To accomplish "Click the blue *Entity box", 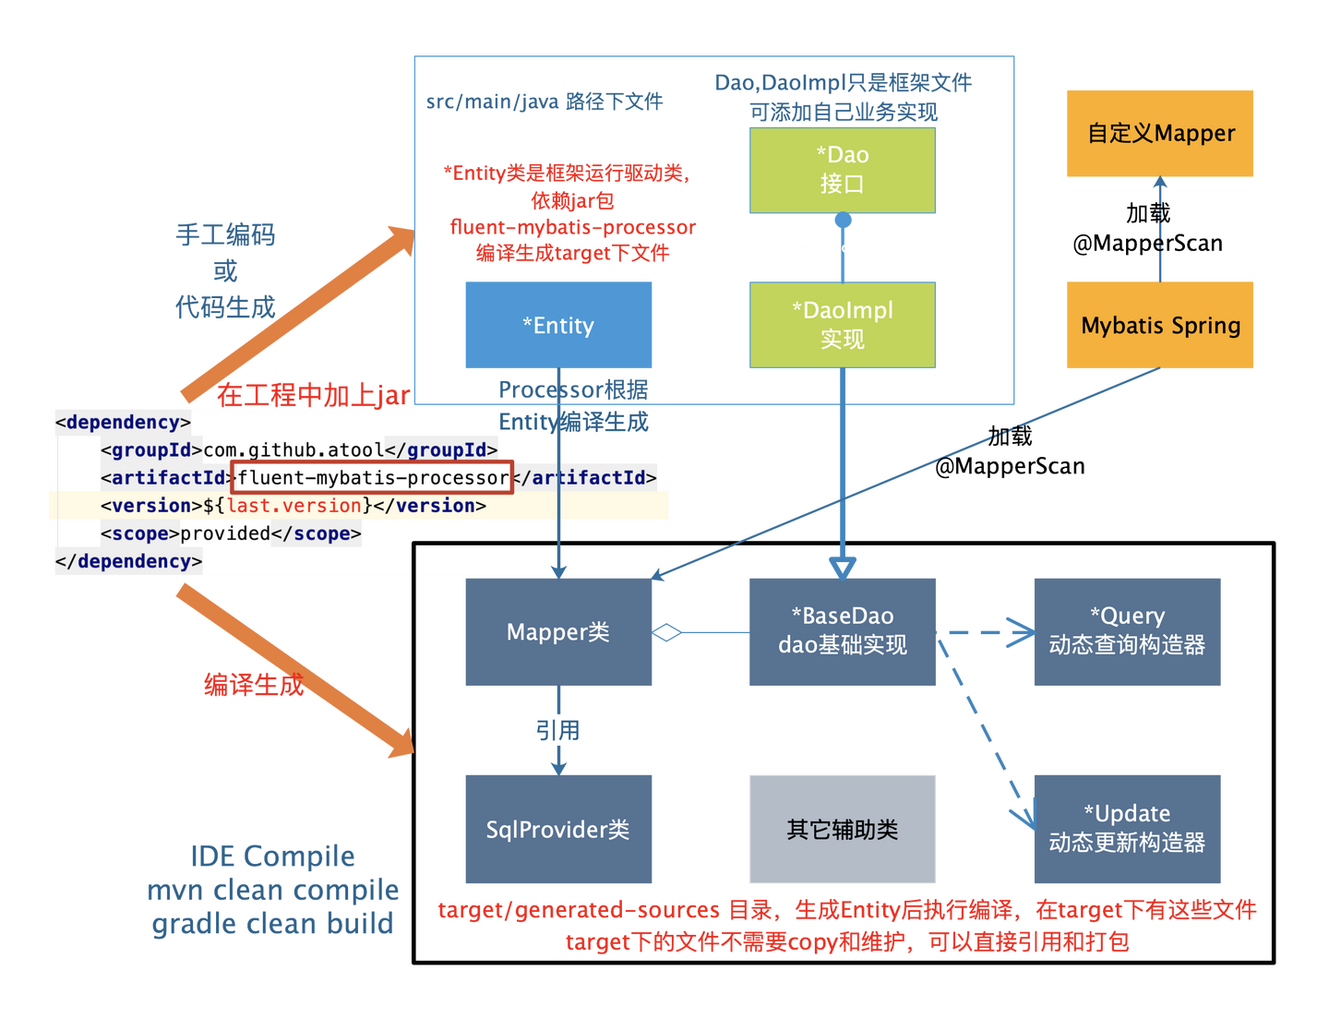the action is click(557, 324).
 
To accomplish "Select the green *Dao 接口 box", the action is click(842, 170).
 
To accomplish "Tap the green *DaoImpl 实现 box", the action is click(842, 324).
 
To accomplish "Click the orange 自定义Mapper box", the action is click(1159, 133).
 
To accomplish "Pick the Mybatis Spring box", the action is click(1159, 324).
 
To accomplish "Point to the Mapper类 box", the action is click(557, 631).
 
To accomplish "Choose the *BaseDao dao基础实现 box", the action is click(842, 631).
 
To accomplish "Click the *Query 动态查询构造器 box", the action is click(1127, 631).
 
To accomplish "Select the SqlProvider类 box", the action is click(557, 829).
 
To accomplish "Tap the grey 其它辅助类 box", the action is click(842, 829).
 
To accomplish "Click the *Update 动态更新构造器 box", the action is click(1127, 829).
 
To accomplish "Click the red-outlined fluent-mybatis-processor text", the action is click(372, 477).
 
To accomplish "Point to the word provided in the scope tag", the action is click(224, 533).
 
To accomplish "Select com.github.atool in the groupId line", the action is click(293, 450).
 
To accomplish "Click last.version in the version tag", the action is click(293, 505).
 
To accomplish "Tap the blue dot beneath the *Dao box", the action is click(843, 220).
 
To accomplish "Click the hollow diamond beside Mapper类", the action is click(666, 631).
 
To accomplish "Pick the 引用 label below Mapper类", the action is click(557, 729).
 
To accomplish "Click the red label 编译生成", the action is click(253, 684).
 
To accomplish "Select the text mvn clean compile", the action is click(273, 889).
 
